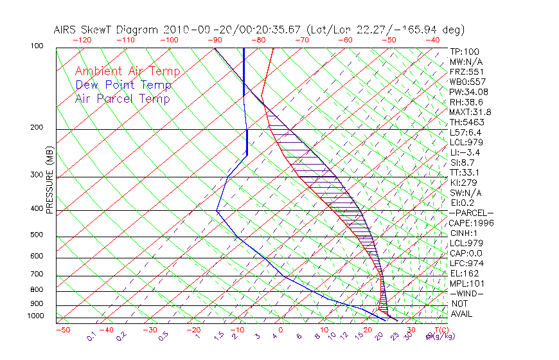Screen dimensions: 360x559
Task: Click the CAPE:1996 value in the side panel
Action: [x=470, y=223]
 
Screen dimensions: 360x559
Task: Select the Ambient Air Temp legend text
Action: [x=127, y=72]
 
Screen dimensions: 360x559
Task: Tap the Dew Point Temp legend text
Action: [x=123, y=85]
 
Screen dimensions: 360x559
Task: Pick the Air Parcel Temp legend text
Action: [x=122, y=99]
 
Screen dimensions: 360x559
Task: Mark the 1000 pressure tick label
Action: [x=36, y=316]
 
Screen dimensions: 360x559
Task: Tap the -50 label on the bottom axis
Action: [x=62, y=330]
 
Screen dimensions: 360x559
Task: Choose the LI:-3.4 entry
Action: [x=465, y=152]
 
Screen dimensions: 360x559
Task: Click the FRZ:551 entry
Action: [x=464, y=71]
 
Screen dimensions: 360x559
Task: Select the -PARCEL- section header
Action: [x=472, y=213]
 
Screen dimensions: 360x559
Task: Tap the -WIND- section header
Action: [x=467, y=293]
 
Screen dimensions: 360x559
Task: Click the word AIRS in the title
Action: [x=67, y=30]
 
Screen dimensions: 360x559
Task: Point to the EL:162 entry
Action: [x=464, y=273]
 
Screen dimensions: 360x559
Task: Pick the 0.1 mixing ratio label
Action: [x=91, y=336]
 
